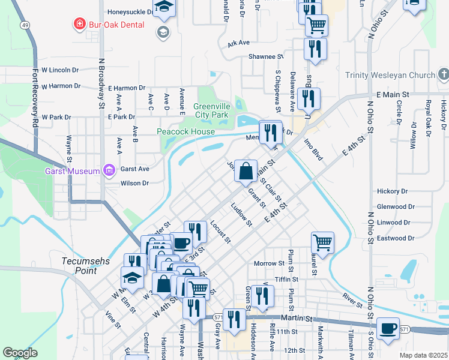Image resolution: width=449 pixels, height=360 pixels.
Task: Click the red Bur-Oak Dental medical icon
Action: point(79,25)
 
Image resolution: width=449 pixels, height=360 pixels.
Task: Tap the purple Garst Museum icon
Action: point(109,171)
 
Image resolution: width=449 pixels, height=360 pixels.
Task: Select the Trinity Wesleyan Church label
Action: point(390,75)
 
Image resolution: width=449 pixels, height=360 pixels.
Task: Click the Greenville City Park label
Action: point(212,110)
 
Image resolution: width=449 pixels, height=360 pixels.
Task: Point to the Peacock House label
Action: point(185,131)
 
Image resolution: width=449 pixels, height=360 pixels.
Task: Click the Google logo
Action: point(20,353)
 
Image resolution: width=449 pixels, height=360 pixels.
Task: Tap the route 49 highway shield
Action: point(25,25)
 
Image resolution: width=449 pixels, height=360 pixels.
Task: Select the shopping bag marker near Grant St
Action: point(246,171)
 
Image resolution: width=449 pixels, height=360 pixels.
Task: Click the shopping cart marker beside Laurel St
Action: point(322,242)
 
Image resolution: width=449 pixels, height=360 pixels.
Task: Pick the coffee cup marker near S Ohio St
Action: point(388,328)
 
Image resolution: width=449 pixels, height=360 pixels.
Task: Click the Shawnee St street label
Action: point(265,56)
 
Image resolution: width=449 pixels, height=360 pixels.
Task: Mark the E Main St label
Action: point(393,95)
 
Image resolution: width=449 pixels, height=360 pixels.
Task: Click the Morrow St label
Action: point(268,263)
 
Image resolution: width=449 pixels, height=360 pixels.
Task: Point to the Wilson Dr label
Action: point(134,184)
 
